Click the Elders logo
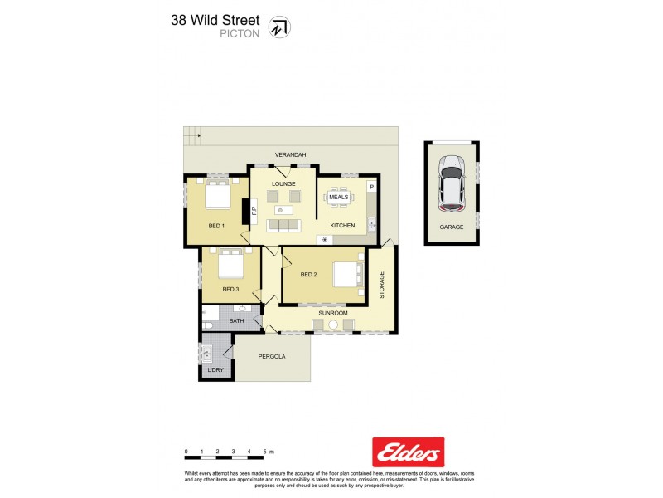tap(408, 452)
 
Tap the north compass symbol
tap(282, 27)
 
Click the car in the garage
tap(452, 183)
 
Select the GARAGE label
tap(452, 227)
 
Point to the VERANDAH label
tap(291, 155)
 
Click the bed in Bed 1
tap(217, 197)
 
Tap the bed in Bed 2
tap(347, 274)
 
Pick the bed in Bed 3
tap(230, 266)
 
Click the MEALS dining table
tap(339, 197)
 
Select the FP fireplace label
tap(254, 212)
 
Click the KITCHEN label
tap(342, 226)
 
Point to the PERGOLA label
tap(271, 356)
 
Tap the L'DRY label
tap(215, 369)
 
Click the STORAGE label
tap(382, 286)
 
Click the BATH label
tap(236, 320)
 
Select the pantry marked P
tap(371, 188)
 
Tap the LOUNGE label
tap(283, 184)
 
